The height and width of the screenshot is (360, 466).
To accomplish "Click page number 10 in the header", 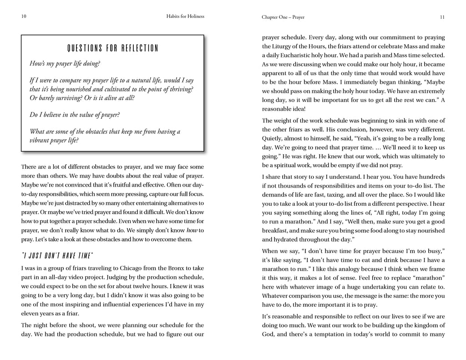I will click(x=24, y=17).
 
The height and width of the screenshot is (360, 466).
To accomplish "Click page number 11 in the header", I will click(x=442, y=17).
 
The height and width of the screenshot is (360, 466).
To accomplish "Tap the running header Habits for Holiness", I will click(x=186, y=17).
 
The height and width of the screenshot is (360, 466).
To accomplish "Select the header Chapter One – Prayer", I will click(x=283, y=17).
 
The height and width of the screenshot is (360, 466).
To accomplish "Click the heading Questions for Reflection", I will click(x=112, y=48).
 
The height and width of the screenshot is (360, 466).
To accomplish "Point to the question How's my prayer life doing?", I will click(x=65, y=64).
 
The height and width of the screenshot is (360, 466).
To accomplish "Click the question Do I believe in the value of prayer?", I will click(x=75, y=115).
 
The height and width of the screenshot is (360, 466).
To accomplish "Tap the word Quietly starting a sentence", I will click(x=273, y=138).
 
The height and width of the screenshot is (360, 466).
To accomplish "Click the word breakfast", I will click(x=274, y=230).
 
